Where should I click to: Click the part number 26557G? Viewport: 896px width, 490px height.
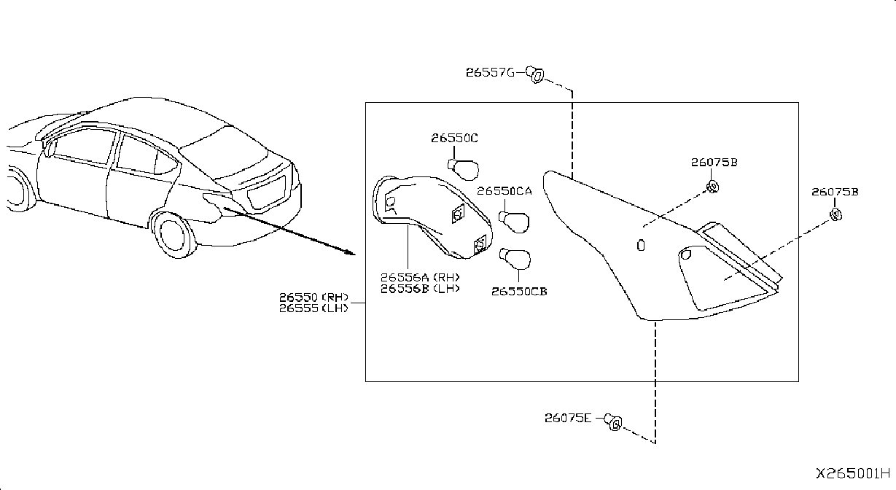coord(491,72)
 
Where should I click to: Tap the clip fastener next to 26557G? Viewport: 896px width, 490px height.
coord(535,74)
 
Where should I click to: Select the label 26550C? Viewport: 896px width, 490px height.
coord(454,138)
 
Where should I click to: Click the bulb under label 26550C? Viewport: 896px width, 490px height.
coord(464,170)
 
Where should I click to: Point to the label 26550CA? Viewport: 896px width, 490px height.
coord(505,191)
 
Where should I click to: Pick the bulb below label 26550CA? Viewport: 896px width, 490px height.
coord(515,222)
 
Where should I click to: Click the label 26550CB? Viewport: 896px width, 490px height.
coord(519,292)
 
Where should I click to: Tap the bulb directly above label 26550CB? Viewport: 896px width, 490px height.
coord(515,259)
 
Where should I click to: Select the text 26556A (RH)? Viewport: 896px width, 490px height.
coord(420,277)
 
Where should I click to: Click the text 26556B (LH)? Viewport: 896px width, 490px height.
coord(420,289)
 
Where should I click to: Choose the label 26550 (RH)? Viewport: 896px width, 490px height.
coord(314,297)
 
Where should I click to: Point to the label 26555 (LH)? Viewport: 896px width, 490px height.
coord(314,308)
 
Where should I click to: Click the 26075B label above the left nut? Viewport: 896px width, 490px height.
coord(714,163)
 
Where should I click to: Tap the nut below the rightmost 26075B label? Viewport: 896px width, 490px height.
coord(835,214)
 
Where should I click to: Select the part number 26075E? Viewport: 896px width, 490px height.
coord(568,418)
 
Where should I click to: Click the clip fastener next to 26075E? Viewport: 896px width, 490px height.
coord(613,421)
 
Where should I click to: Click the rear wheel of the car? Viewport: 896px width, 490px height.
coord(174,234)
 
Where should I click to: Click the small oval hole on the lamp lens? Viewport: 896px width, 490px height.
coord(641,245)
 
